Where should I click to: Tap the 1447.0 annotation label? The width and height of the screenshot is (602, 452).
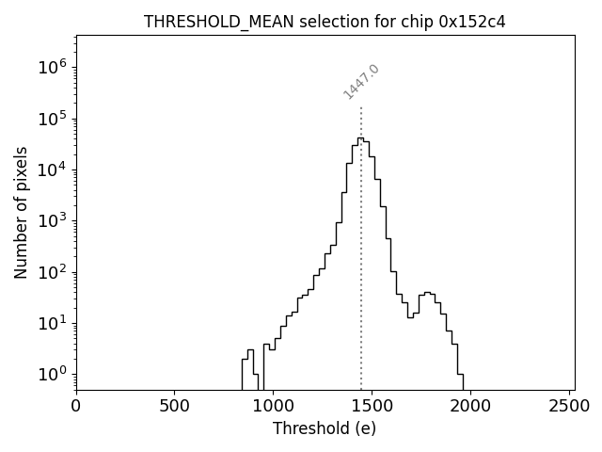[361, 82]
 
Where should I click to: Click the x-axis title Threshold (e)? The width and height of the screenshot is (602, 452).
[325, 428]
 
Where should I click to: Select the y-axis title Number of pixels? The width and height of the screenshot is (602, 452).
[21, 212]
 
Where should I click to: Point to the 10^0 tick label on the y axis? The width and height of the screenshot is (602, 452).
[53, 374]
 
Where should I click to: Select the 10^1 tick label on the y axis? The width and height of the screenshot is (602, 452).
[53, 323]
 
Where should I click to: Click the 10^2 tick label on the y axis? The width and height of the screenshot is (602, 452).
[53, 272]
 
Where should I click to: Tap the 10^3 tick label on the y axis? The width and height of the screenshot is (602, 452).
[53, 220]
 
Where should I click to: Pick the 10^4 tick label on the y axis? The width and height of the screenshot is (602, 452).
[53, 169]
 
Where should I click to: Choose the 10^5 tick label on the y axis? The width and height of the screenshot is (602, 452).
[53, 119]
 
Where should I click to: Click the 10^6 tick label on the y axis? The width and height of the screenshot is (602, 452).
[53, 68]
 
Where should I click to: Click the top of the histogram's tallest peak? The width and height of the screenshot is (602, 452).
[360, 138]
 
